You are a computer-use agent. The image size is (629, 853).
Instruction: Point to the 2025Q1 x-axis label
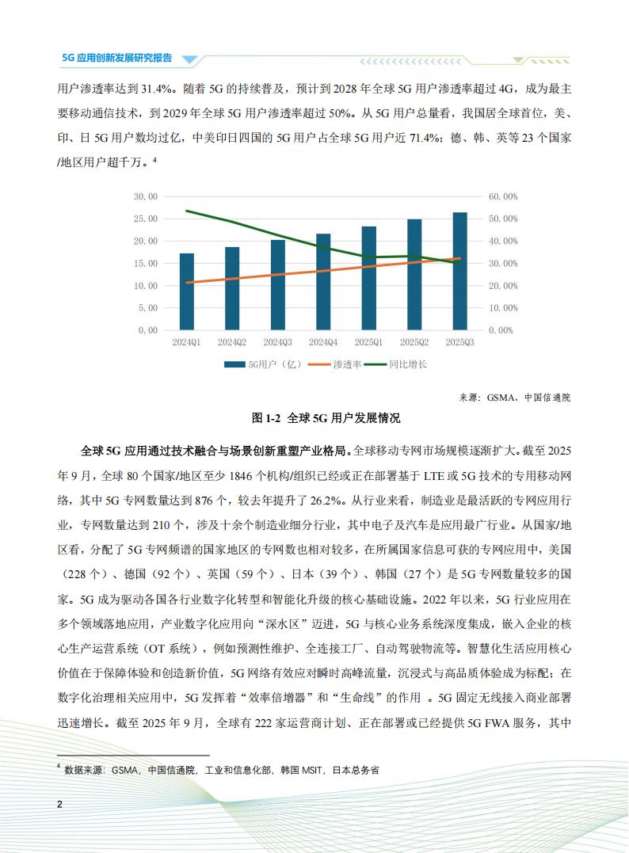click(x=368, y=342)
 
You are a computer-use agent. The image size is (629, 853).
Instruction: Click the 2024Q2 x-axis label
click(x=232, y=342)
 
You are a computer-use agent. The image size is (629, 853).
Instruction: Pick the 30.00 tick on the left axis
click(x=146, y=196)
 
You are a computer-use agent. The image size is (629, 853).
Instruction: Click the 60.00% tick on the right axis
click(x=502, y=196)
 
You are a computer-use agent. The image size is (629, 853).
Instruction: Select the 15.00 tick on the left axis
click(x=146, y=263)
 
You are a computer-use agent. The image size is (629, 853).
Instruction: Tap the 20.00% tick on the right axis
click(x=502, y=285)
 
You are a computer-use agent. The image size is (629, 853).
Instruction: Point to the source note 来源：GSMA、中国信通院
click(x=514, y=398)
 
